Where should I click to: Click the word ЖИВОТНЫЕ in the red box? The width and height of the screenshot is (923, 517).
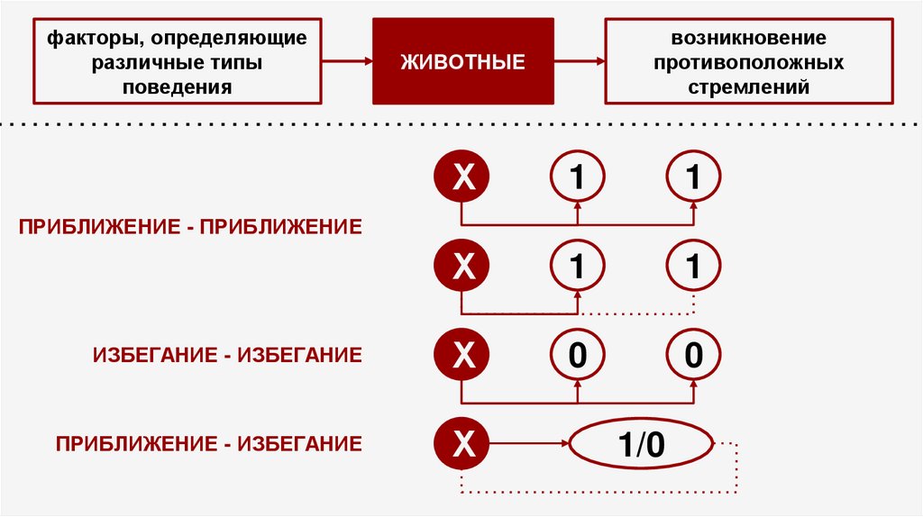[x=462, y=62]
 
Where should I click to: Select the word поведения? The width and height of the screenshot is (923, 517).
[x=178, y=87]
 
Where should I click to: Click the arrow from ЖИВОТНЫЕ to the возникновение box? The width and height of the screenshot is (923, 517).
[x=578, y=61]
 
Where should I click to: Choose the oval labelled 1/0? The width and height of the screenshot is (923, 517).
[x=642, y=444]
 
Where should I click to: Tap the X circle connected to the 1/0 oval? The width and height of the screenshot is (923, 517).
[x=461, y=443]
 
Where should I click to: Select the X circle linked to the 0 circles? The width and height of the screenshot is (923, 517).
[x=461, y=356]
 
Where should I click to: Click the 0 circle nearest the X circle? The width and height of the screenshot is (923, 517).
[x=578, y=356]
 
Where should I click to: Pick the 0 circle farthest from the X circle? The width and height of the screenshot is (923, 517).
[x=693, y=356]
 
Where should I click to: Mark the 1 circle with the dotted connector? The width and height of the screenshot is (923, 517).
[x=693, y=268]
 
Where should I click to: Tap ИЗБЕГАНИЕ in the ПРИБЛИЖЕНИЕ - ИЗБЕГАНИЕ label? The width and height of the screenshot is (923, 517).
[x=298, y=443]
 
